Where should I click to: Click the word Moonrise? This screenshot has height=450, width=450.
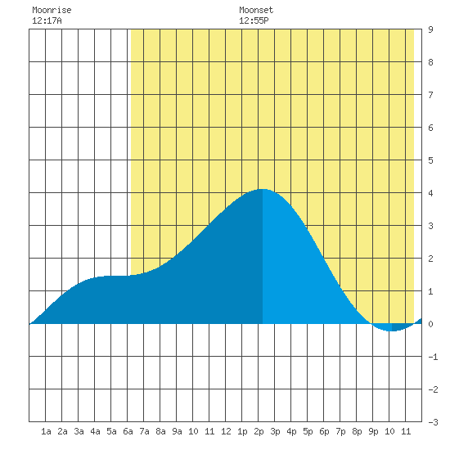[52, 10]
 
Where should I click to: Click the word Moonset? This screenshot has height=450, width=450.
[256, 10]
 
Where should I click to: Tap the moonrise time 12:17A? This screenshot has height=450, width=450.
[47, 20]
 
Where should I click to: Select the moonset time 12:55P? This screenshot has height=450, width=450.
[254, 20]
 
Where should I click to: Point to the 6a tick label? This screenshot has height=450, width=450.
[128, 431]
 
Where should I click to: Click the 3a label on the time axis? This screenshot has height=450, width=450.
[79, 431]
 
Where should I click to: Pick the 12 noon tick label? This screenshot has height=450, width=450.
[226, 431]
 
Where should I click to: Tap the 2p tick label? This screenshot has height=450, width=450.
[259, 431]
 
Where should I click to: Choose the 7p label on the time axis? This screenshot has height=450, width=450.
[340, 431]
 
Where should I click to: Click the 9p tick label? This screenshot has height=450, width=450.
[373, 431]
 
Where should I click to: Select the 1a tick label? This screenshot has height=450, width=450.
[46, 431]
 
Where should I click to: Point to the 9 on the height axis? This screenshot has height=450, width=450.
[430, 29]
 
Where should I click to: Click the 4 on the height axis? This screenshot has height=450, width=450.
[430, 193]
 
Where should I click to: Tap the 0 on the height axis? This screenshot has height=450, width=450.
[430, 324]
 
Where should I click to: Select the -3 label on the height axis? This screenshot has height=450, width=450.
[433, 422]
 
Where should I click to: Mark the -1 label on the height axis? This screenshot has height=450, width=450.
[433, 357]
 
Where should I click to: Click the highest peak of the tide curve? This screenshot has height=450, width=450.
[263, 189]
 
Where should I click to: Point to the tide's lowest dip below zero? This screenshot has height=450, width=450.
[392, 331]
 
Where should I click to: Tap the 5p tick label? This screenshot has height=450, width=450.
[308, 431]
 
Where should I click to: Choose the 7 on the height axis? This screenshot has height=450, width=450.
[430, 95]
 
